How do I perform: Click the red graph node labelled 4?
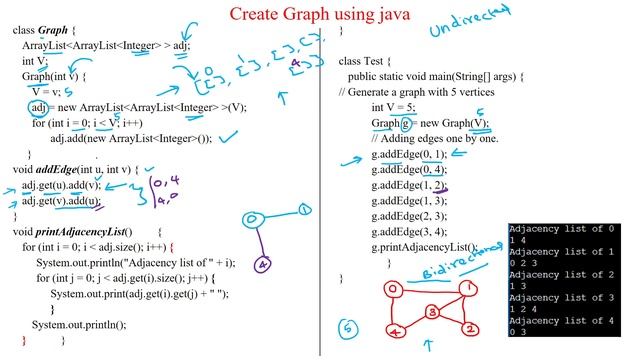[398, 331]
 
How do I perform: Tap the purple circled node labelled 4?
[261, 266]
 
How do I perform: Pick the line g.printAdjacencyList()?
[424, 246]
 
